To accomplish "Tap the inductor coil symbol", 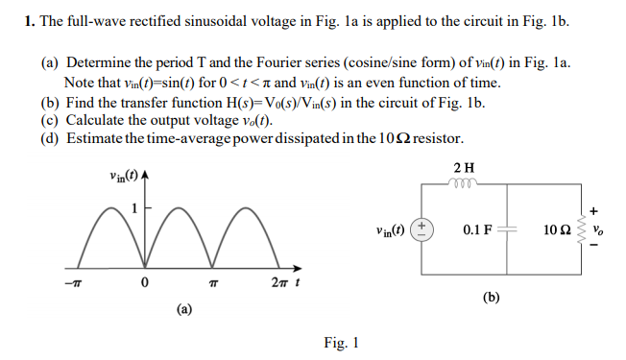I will [x=464, y=182].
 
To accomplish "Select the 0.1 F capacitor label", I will [x=476, y=230].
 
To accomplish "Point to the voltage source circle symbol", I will [x=420, y=230].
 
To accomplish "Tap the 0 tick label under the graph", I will [x=142, y=284].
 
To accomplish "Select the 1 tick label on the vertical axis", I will [x=134, y=206].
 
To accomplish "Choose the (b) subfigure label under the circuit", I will [x=491, y=298].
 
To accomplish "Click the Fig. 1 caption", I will [x=341, y=342].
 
